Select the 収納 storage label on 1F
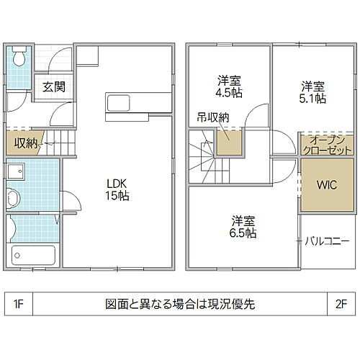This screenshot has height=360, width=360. [24, 143]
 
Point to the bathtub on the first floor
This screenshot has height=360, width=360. [33, 255]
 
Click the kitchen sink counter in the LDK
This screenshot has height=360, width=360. [127, 103]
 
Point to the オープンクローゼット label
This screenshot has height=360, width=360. [327, 145]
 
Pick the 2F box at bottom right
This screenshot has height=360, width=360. [339, 303]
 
